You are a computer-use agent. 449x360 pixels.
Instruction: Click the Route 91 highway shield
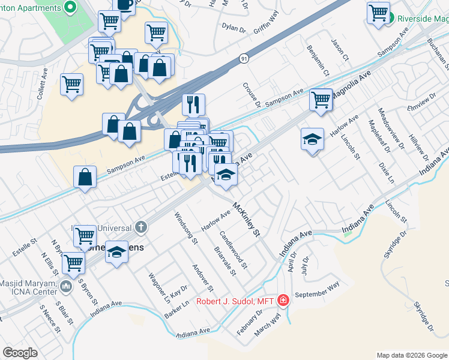click(x=243, y=59)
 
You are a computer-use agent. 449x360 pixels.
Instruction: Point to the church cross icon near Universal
click(x=140, y=227)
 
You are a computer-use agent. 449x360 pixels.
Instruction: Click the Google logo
click(x=20, y=353)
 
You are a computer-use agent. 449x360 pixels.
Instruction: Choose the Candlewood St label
click(x=234, y=251)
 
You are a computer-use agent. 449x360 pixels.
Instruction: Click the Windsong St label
click(x=186, y=228)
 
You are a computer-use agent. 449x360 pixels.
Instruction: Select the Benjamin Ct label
click(x=318, y=61)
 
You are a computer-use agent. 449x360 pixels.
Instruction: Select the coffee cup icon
click(x=124, y=5)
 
